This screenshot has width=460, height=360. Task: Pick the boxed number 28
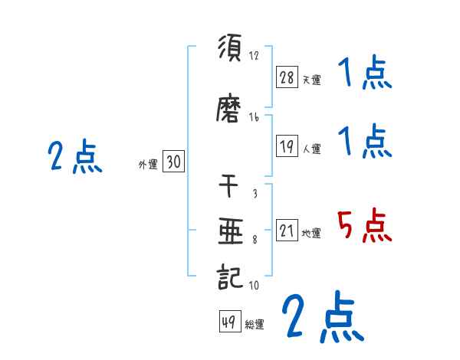287,77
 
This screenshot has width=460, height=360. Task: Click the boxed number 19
287,147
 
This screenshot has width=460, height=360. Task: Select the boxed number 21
287,231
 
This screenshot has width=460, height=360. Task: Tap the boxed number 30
173,162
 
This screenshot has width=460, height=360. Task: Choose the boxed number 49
229,322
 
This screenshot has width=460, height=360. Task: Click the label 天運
312,79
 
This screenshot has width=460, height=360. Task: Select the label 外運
148,164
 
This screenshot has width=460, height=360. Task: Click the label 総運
255,325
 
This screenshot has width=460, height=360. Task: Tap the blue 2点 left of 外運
74,158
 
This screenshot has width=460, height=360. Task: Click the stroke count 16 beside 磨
254,117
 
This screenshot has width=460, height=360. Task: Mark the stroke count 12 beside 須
254,56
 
